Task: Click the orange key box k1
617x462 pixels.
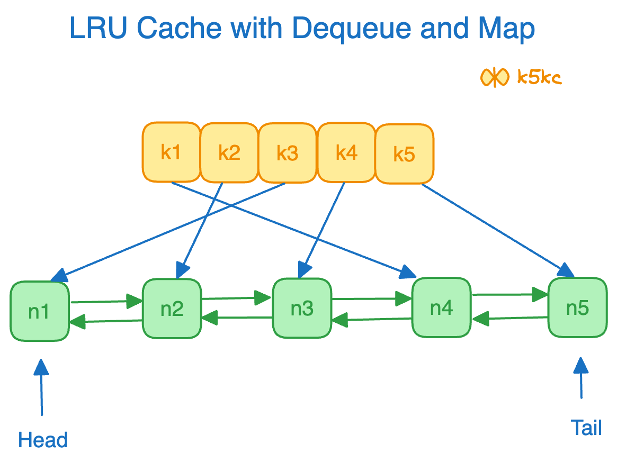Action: [171, 152]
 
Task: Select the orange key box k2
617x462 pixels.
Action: [229, 152]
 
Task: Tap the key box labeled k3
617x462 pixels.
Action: [288, 153]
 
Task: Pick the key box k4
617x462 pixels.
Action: [346, 152]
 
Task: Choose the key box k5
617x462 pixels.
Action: [404, 154]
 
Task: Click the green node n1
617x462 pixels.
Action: [39, 312]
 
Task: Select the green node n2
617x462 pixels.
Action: [172, 308]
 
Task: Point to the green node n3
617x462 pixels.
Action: [302, 308]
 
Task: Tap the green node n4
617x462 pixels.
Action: [441, 307]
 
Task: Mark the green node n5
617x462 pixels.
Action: [577, 307]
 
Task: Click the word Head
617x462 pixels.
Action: [43, 440]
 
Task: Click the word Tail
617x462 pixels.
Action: [586, 427]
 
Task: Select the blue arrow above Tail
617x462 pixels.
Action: [581, 378]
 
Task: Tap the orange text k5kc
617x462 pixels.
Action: [539, 78]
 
